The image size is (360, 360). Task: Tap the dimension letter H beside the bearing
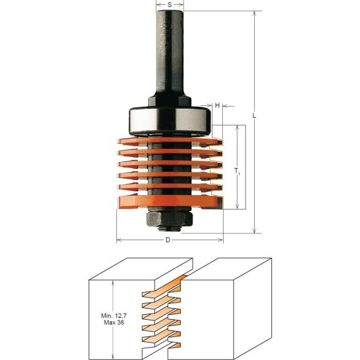click(x=217, y=105)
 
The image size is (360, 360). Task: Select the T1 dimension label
click(x=237, y=170)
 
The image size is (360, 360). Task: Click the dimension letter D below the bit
click(x=168, y=240)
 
